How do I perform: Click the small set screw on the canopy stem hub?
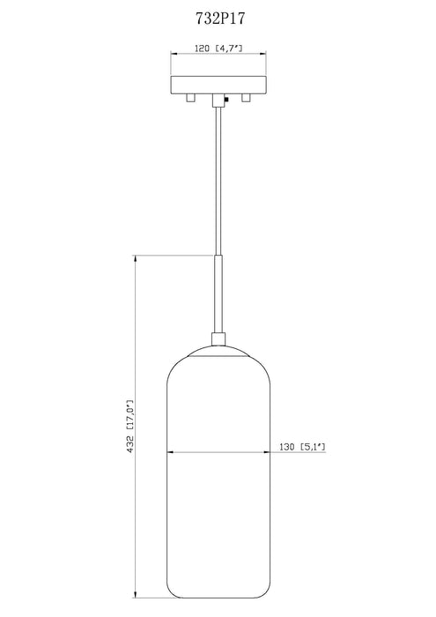(227, 100)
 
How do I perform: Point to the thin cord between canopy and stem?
(217, 176)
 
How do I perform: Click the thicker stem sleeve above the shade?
(217, 291)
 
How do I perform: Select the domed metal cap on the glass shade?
(217, 347)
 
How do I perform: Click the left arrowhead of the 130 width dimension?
(171, 455)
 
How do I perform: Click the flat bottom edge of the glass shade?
(217, 596)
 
